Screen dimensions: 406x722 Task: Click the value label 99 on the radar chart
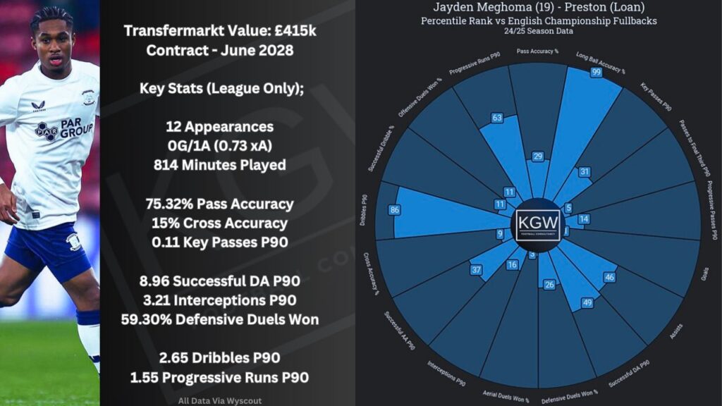(x=596, y=73)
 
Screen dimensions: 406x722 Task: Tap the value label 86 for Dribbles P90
(x=393, y=209)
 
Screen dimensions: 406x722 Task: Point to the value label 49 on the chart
(x=585, y=303)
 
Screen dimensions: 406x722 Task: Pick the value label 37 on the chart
(x=477, y=270)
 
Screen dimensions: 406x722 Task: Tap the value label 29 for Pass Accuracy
(x=538, y=156)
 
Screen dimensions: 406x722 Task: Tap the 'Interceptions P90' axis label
(x=447, y=374)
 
